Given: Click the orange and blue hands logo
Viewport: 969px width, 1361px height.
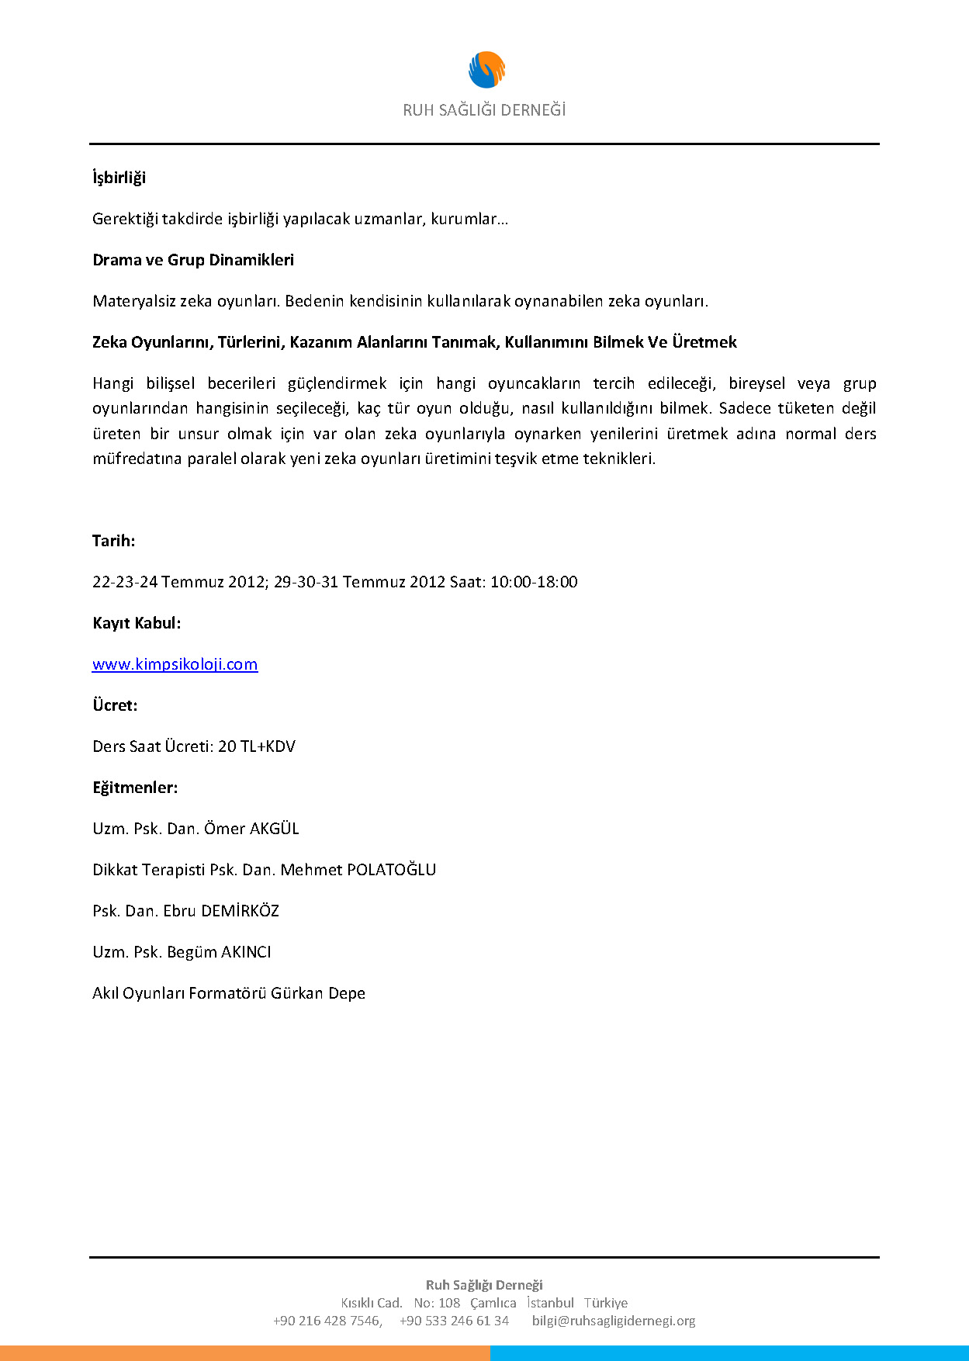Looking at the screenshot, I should click(x=486, y=70).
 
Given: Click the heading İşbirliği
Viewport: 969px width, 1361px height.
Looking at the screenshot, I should click(x=119, y=178).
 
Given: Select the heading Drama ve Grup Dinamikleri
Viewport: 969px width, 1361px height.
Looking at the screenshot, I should click(x=193, y=260).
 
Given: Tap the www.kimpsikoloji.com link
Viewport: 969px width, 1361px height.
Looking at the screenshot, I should click(x=175, y=664).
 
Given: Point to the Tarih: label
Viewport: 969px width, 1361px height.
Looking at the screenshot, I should click(x=113, y=541).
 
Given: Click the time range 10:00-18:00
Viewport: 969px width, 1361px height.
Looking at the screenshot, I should click(x=534, y=582).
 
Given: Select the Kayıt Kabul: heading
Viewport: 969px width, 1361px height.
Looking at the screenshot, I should click(x=137, y=623).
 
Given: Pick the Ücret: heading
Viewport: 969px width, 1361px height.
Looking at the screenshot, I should click(x=115, y=705).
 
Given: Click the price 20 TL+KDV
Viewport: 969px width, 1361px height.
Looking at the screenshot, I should click(x=257, y=746).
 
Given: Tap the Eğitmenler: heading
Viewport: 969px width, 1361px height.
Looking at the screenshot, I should click(x=135, y=788).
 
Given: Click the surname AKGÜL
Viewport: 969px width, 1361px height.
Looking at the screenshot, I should click(x=274, y=829).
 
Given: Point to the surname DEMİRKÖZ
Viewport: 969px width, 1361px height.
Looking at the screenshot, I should click(x=240, y=911).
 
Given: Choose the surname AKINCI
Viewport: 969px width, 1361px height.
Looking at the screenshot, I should click(x=246, y=952).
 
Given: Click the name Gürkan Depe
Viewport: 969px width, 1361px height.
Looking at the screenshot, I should click(x=318, y=993).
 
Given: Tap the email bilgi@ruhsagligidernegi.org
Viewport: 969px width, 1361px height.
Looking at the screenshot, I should click(x=614, y=1321).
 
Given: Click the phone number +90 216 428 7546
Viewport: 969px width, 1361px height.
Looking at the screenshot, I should click(x=327, y=1321).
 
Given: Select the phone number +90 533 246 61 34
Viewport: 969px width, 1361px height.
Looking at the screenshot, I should click(x=454, y=1321).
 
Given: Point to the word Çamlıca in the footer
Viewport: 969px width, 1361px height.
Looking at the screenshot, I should click(x=493, y=1303).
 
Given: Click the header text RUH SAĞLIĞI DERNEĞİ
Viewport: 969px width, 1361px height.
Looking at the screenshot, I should click(x=484, y=110).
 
